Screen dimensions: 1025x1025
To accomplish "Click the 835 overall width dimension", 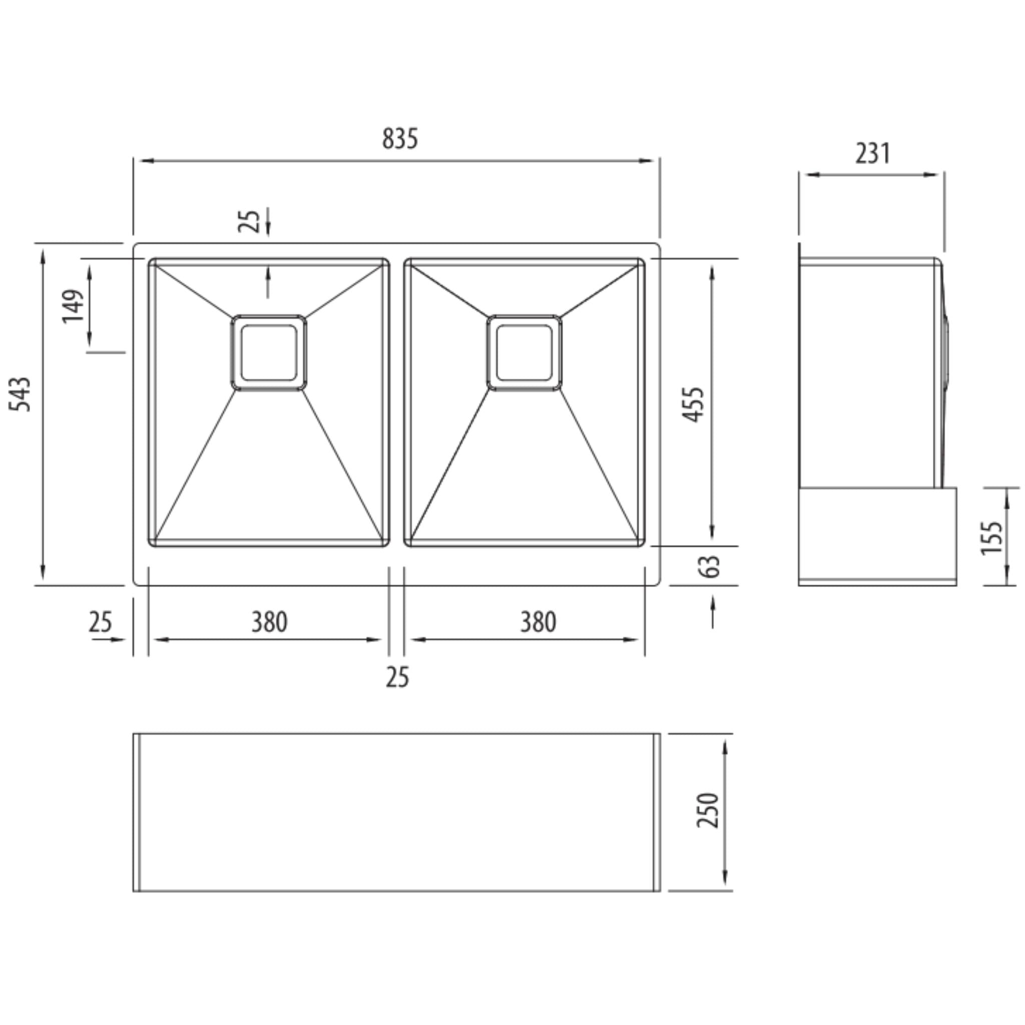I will coord(400,139).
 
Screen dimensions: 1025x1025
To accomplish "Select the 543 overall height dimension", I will coord(21,394).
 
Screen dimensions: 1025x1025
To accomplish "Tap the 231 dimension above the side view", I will coord(873,153).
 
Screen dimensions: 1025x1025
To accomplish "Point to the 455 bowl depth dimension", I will coord(693,405).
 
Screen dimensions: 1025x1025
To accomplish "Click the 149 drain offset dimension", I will coord(73,306).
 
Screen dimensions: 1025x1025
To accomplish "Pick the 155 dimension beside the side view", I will coord(991,538).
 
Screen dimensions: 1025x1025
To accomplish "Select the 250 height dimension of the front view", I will coord(708,810).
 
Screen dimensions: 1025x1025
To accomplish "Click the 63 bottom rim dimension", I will coord(710,567).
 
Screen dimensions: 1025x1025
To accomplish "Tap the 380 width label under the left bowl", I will coord(270,622).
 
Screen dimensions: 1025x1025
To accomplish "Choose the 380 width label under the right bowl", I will coord(538,622).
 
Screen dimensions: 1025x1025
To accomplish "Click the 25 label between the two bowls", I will coord(397,678).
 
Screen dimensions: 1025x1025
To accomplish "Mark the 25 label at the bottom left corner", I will coord(100,622).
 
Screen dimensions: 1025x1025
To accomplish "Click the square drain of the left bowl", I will coord(268,353).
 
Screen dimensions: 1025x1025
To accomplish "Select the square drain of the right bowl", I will coord(524,353).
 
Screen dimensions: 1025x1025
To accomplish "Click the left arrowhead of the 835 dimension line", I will coord(144,161).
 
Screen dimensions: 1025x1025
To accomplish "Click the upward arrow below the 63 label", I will coord(713,605).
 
